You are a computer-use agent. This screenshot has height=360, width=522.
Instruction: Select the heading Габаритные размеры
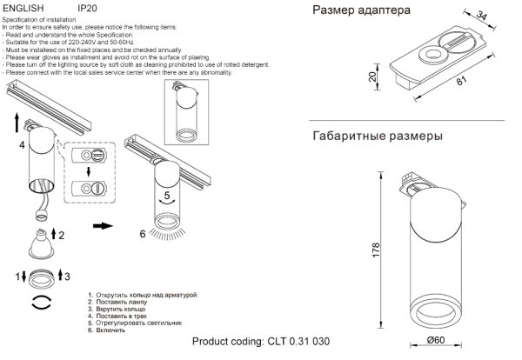[x=376, y=137]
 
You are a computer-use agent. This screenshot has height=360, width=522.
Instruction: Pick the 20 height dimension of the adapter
[x=371, y=77]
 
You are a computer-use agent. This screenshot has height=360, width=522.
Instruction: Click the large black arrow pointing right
[x=102, y=225]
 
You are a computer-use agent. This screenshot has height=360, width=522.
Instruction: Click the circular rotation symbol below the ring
[x=40, y=303]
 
